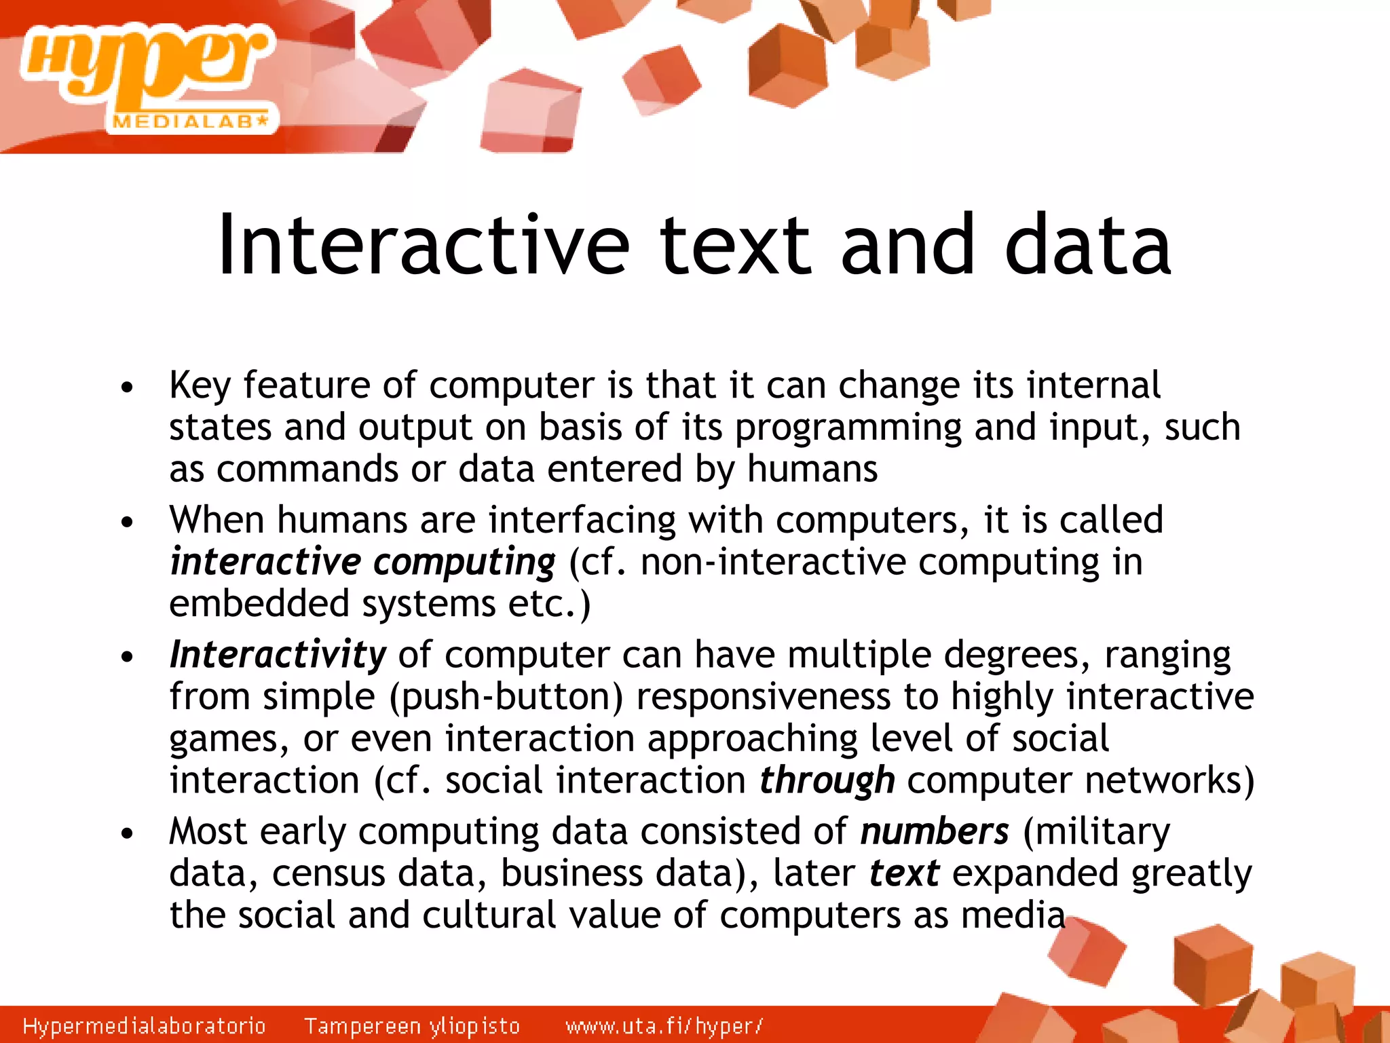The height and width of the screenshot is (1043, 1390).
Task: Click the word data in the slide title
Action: point(1087,246)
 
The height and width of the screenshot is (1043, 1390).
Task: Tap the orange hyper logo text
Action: point(146,64)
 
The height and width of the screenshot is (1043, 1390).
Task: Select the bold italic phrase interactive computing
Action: point(362,562)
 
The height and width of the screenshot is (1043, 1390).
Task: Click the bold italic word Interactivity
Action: point(278,655)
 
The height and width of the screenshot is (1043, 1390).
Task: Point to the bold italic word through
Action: point(827,780)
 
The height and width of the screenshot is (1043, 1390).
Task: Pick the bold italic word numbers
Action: point(935,831)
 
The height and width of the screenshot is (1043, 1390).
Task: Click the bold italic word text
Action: point(904,873)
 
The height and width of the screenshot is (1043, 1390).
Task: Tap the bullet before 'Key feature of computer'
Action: point(127,388)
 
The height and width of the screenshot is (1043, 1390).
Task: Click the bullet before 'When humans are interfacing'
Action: point(127,523)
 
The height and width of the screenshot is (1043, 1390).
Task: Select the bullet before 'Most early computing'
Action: point(127,834)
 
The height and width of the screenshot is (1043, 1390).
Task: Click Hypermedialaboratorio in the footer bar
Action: point(144,1025)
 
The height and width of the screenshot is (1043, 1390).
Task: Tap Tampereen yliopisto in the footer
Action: point(412,1025)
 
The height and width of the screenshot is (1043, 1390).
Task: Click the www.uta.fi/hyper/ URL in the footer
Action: point(664,1025)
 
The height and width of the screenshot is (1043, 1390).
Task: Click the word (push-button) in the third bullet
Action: point(506,698)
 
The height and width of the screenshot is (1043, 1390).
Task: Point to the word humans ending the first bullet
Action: point(812,469)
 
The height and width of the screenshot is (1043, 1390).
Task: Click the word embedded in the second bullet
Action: point(259,604)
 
